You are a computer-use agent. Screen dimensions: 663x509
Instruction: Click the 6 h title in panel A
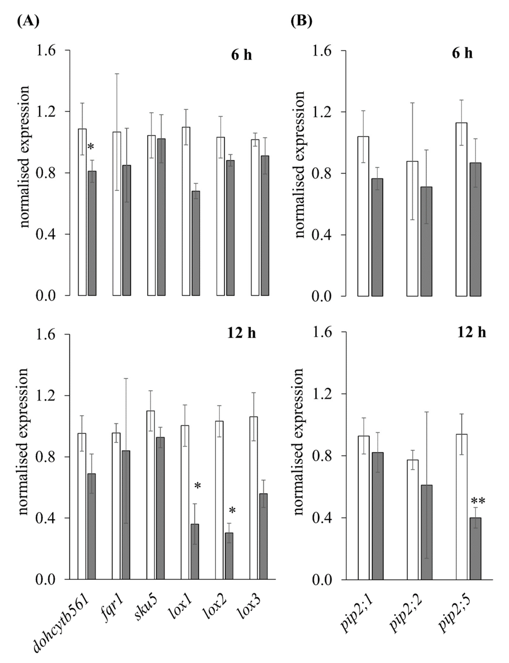point(241,55)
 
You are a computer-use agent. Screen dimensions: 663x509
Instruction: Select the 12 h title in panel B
point(472,332)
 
